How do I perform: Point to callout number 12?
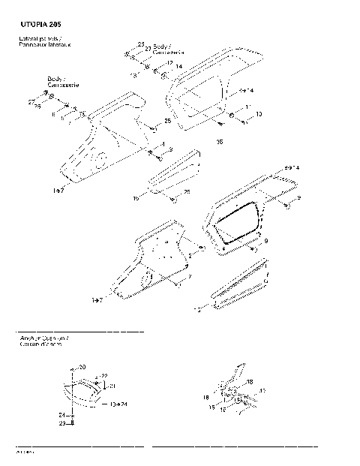pyautogui.click(x=169, y=63)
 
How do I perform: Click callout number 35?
pyautogui.click(x=220, y=140)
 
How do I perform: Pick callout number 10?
pyautogui.click(x=259, y=115)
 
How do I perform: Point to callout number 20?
pyautogui.click(x=82, y=366)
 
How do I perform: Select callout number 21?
pyautogui.click(x=112, y=386)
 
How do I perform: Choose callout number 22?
pyautogui.click(x=103, y=375)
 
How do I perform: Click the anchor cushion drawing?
pyautogui.click(x=84, y=393)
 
